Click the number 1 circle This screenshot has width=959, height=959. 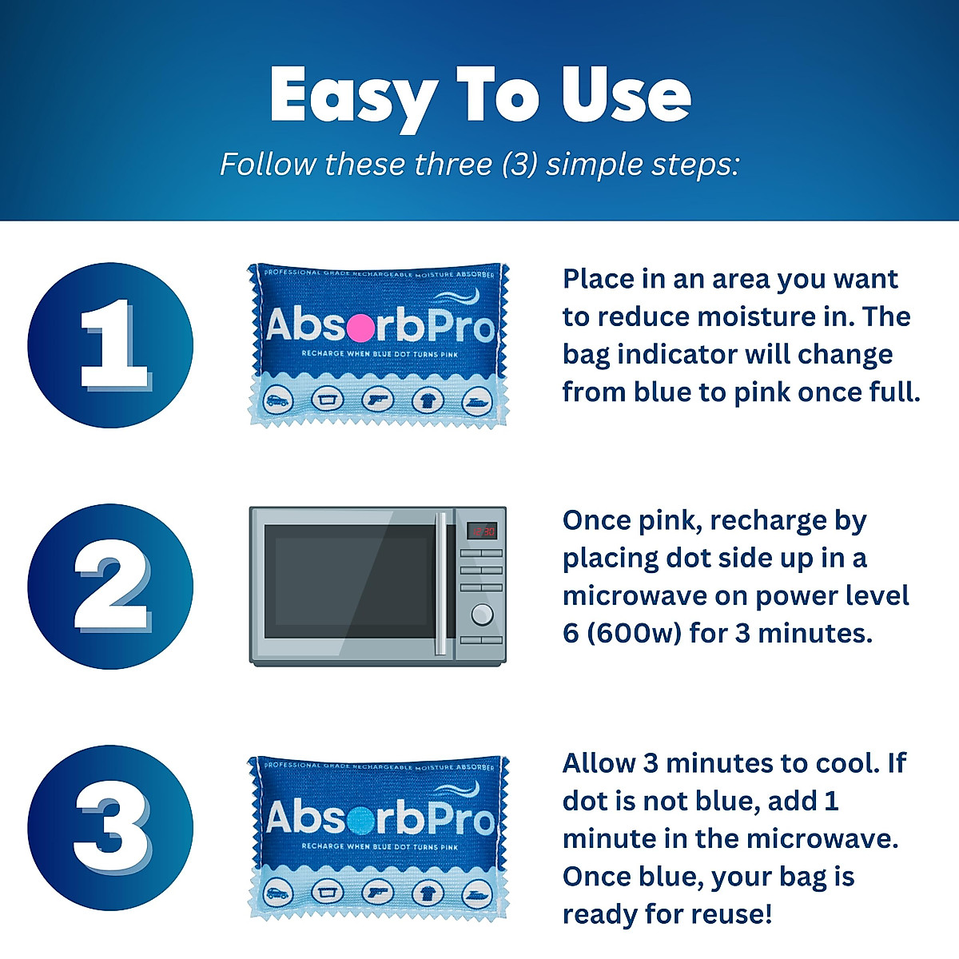[110, 345]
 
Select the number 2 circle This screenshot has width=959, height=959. [110, 587]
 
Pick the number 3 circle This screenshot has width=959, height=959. [110, 828]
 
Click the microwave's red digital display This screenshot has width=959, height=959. [482, 531]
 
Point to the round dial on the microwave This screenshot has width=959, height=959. [482, 614]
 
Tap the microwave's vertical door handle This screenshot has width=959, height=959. [440, 583]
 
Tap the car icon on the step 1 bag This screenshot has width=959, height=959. [278, 400]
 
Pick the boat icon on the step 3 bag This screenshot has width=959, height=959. [477, 891]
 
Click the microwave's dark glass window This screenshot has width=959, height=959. [350, 582]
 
